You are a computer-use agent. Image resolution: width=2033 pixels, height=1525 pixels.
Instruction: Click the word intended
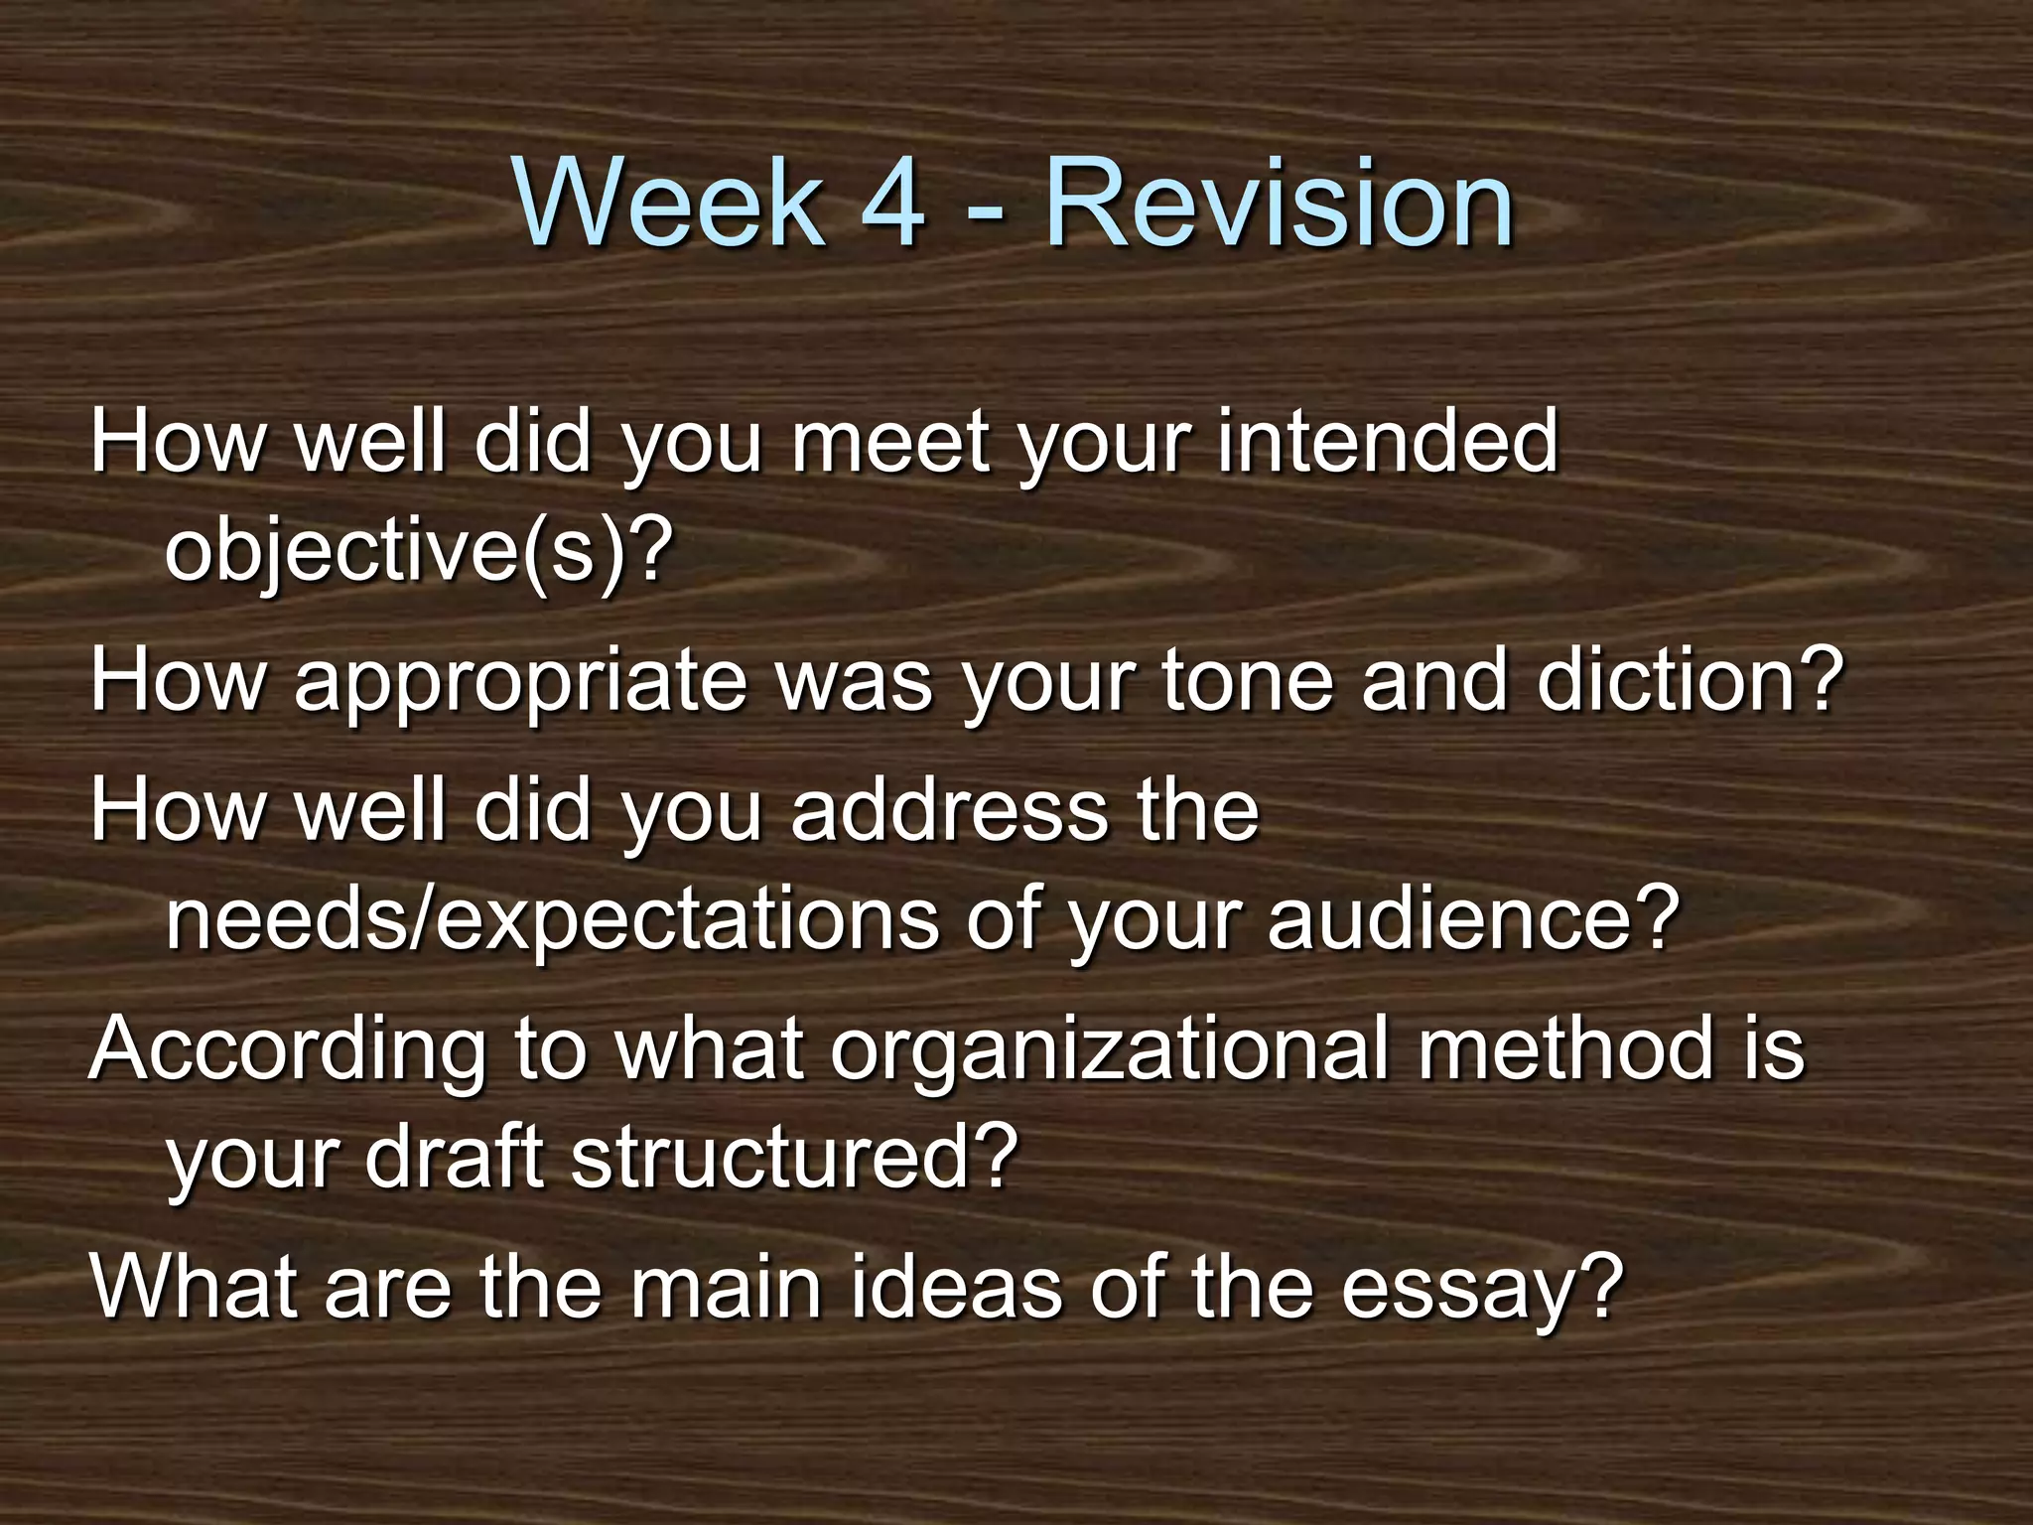pyautogui.click(x=1387, y=442)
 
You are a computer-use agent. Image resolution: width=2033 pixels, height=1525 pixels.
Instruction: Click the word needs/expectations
pyautogui.click(x=551, y=918)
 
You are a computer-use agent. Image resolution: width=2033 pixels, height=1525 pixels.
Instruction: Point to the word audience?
pyautogui.click(x=1473, y=918)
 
